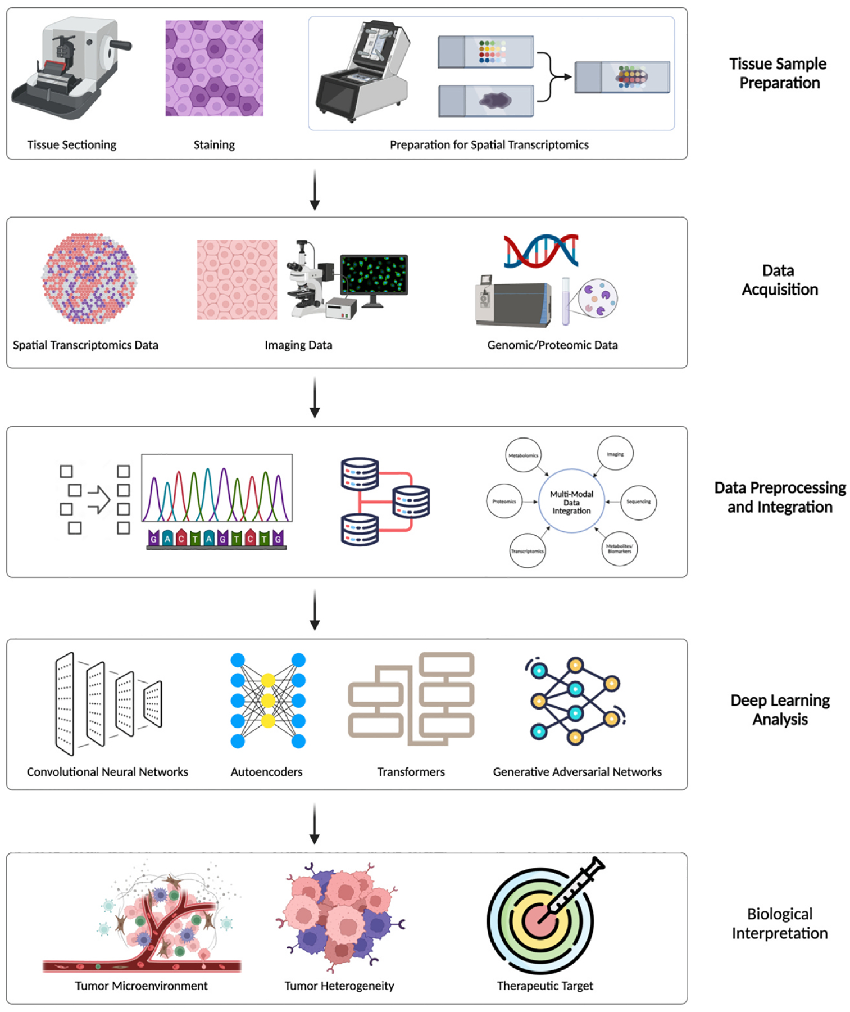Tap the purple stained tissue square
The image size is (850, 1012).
214,68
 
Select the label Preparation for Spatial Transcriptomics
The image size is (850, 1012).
489,145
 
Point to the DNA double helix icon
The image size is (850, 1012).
540,251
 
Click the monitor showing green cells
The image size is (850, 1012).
374,274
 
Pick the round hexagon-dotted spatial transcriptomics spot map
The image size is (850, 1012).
89,278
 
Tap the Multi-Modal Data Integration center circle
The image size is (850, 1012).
571,502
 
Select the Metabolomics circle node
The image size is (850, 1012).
523,455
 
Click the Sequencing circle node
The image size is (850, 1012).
638,502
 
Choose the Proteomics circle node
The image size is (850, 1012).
504,501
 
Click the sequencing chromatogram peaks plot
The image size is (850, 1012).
217,488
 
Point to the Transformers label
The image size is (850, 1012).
411,772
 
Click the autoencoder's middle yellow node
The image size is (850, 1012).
268,701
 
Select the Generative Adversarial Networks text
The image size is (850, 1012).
577,772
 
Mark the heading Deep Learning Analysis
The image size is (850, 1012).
780,710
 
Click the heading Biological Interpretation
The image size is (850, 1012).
779,923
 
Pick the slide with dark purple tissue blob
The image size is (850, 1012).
486,101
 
